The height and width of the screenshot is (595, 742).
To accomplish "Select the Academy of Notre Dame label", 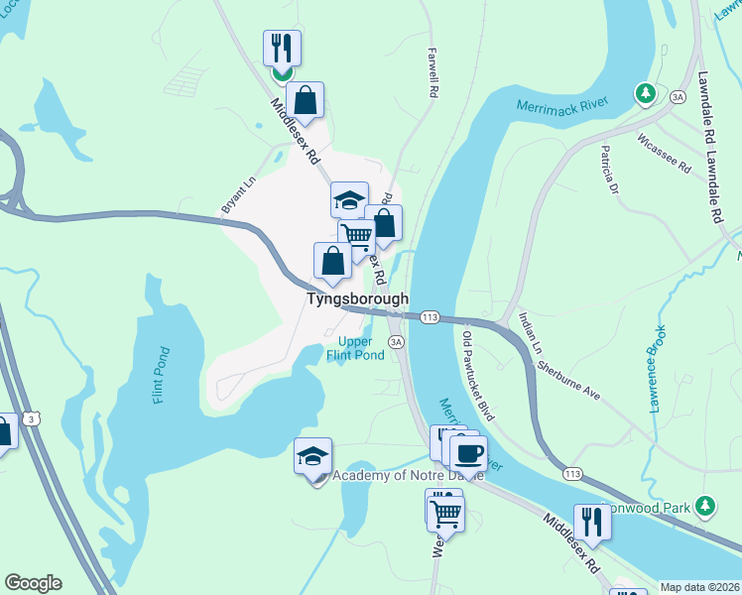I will click(407, 476).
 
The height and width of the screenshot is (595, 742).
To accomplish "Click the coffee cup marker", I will click(468, 453).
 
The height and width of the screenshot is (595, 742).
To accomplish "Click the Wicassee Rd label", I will click(665, 154).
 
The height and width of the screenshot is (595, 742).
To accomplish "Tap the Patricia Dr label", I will click(609, 170).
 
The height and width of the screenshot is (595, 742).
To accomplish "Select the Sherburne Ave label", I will click(570, 377).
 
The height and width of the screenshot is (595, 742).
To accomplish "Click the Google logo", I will click(33, 583).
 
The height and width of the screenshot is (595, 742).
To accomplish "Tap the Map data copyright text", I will click(699, 587).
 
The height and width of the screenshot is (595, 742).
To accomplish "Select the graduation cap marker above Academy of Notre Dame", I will click(313, 458).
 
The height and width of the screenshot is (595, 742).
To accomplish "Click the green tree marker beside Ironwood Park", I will click(705, 507).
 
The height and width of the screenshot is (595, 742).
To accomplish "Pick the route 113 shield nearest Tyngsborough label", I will click(430, 316).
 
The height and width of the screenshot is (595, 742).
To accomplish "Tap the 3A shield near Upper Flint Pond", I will click(397, 342).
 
